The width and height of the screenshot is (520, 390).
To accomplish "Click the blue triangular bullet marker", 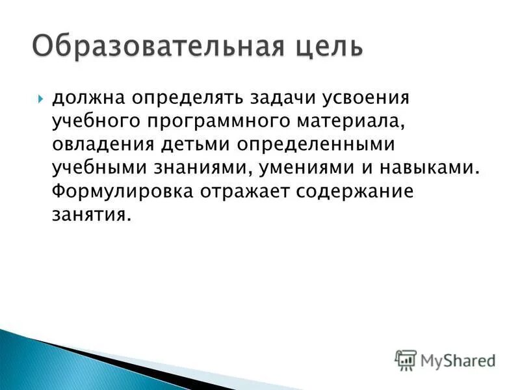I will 41,100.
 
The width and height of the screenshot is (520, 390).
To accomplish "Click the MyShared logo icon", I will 406,360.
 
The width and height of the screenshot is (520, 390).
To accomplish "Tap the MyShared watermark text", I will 458,360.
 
